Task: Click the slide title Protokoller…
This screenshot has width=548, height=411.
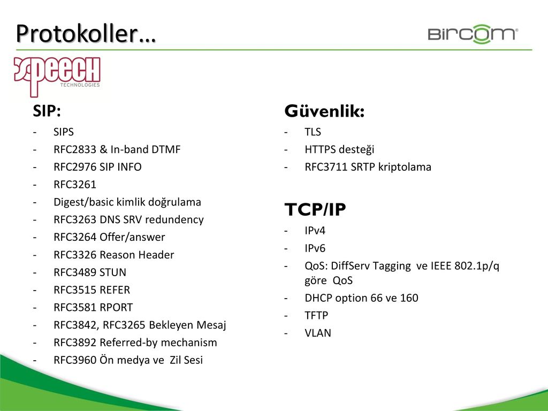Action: (x=86, y=34)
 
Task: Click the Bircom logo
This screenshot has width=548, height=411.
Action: (x=473, y=34)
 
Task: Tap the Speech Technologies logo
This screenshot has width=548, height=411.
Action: (x=57, y=76)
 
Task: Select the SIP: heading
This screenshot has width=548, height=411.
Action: (x=47, y=111)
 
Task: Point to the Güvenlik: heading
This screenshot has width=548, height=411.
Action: (x=324, y=111)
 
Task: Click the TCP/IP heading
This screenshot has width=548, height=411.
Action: (x=315, y=209)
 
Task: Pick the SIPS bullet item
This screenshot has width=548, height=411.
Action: (x=64, y=132)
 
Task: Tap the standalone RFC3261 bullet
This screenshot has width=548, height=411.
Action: (x=75, y=185)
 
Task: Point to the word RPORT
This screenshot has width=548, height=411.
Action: (x=116, y=307)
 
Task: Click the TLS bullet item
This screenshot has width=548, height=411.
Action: (x=313, y=132)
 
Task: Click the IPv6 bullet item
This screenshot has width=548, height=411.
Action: (x=315, y=248)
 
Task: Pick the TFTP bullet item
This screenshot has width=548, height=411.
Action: (x=316, y=315)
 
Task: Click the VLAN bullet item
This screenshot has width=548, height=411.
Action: (x=318, y=333)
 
